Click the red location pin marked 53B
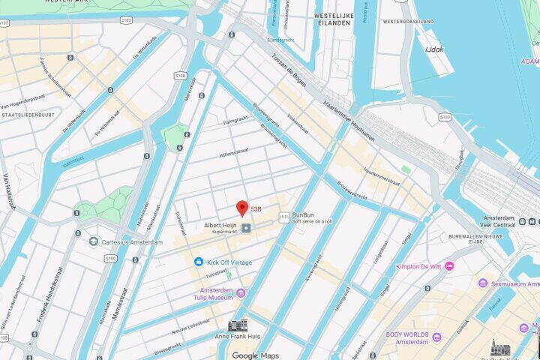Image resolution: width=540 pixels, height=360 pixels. click(242, 208)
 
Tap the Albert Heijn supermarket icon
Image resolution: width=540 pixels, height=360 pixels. click(247, 227)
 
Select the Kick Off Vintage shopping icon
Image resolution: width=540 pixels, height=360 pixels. click(199, 262)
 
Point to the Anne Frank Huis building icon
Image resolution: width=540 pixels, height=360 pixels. click(238, 325)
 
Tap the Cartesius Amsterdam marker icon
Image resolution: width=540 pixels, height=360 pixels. click(94, 241)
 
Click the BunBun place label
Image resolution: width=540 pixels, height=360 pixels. click(303, 214)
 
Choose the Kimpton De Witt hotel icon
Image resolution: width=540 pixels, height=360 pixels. click(449, 266)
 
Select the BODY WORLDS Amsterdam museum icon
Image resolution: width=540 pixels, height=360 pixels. click(436, 337)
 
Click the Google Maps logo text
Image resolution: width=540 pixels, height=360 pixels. click(255, 355)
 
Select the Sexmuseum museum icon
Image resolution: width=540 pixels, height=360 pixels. click(483, 283)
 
